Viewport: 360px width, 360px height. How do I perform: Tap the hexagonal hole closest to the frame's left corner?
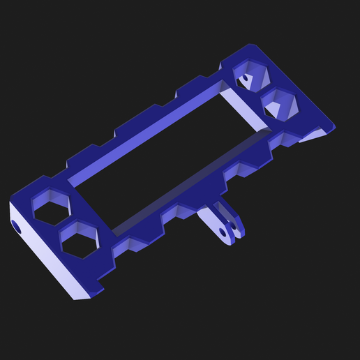click(52, 209)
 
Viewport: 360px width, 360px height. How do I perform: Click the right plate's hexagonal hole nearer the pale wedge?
click(280, 104)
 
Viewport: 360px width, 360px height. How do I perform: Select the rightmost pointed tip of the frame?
click(334, 128)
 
